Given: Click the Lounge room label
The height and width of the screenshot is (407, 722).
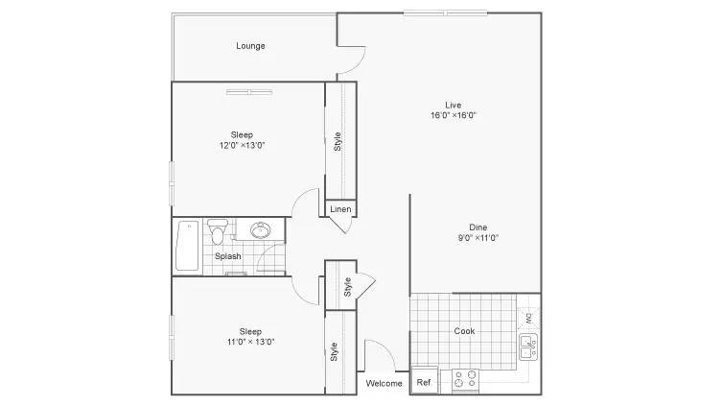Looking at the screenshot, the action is (x=250, y=46).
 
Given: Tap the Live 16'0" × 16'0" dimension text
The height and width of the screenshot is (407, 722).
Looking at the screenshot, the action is (x=454, y=115).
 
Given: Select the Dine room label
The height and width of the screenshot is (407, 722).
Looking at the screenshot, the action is (x=477, y=227).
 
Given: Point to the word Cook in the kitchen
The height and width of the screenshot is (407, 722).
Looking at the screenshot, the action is (x=464, y=331).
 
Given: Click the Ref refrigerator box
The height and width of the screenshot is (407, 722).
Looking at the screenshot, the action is (x=424, y=381).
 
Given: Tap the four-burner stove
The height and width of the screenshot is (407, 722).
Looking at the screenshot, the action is (x=465, y=380).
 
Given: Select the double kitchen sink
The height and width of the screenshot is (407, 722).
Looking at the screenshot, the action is (x=528, y=347).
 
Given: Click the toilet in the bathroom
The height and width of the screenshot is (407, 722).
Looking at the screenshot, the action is (x=218, y=231).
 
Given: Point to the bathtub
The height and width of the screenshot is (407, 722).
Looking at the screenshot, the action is (x=187, y=246).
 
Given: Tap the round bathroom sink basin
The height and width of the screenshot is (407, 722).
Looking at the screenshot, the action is (x=261, y=230).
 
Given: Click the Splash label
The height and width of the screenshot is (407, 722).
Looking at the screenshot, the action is (x=228, y=256).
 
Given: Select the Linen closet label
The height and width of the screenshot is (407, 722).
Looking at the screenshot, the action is (x=340, y=209).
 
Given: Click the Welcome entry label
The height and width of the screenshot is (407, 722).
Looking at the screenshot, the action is (x=384, y=384).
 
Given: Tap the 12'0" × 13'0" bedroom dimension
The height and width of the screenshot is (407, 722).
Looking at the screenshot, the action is (x=243, y=146).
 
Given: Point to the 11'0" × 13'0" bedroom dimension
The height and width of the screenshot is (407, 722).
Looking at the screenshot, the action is (x=250, y=342).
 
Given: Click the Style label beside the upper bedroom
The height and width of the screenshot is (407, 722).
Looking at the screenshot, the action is (x=338, y=141).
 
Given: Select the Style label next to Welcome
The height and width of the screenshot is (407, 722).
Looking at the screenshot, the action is (x=334, y=352).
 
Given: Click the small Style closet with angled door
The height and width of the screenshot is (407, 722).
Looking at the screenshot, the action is (x=341, y=285).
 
